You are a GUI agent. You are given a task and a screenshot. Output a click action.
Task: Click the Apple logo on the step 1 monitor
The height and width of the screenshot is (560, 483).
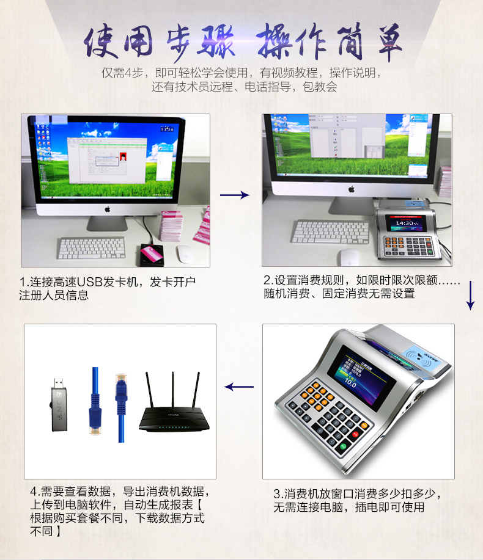click(108, 209)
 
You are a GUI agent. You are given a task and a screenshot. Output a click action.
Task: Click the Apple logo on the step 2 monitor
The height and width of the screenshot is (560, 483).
click(351, 189)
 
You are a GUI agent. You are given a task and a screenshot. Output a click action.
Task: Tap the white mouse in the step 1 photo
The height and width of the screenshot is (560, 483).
click(185, 254)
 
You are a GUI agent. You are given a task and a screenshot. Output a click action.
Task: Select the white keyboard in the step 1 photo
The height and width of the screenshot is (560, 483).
click(92, 247)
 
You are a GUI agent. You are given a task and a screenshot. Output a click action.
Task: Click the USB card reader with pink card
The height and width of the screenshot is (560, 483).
click(152, 253)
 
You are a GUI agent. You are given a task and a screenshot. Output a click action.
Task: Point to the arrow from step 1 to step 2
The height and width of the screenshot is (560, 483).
click(235, 195)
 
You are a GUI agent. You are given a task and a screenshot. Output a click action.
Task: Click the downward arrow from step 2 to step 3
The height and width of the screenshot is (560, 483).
click(470, 296)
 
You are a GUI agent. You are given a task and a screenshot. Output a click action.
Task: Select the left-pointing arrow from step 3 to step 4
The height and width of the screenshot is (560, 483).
click(239, 387)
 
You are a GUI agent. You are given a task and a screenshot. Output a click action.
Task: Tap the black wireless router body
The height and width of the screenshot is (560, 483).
click(171, 420)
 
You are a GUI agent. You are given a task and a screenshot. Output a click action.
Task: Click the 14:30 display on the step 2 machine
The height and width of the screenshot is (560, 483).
click(404, 224)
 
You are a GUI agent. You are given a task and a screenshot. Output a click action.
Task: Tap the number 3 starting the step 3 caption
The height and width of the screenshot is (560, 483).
click(277, 494)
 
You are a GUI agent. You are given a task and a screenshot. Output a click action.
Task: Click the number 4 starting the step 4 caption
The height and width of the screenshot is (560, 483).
click(34, 492)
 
